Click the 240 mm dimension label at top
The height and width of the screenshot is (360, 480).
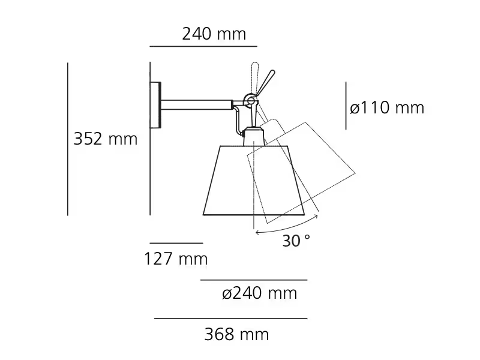pyautogui.click(x=214, y=34)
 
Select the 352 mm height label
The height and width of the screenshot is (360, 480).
pyautogui.click(x=105, y=139)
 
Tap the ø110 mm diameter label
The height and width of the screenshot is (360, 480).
pyautogui.click(x=387, y=108)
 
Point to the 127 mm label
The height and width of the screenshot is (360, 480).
pyautogui.click(x=176, y=259)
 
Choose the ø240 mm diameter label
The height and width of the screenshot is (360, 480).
pyautogui.click(x=259, y=294)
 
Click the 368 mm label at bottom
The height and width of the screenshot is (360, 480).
pyautogui.click(x=236, y=334)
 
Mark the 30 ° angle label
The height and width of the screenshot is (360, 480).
pyautogui.click(x=296, y=241)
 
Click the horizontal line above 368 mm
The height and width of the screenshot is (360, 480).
pyautogui.click(x=230, y=319)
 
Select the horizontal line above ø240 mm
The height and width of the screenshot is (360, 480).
pyautogui.click(x=253, y=280)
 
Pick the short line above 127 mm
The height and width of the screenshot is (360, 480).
pyautogui.click(x=176, y=243)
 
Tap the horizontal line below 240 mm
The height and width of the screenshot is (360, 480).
pyautogui.click(x=203, y=46)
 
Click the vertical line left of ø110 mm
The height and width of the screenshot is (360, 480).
pyautogui.click(x=346, y=106)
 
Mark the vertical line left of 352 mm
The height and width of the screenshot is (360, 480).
pyautogui.click(x=68, y=139)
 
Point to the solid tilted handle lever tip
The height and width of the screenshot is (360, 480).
pyautogui.click(x=271, y=74)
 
